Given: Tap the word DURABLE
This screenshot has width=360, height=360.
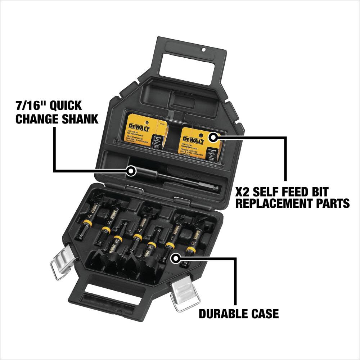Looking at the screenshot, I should [x=221, y=314].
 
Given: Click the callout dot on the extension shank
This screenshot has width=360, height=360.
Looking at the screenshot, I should [x=131, y=171].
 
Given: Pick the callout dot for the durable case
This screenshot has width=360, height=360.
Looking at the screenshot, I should [x=175, y=258].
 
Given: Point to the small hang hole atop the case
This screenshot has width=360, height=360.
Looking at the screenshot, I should [x=203, y=49].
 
